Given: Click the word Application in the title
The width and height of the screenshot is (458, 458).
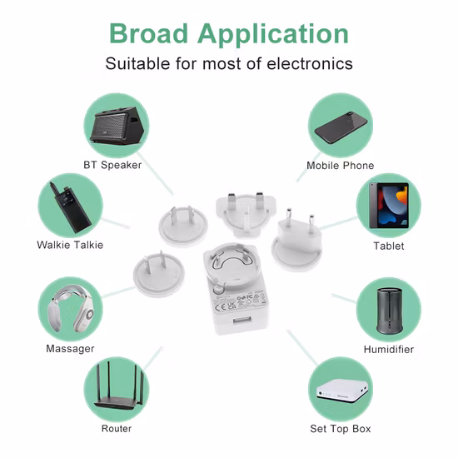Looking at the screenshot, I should (273, 35).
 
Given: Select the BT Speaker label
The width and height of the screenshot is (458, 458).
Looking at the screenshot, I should (112, 164).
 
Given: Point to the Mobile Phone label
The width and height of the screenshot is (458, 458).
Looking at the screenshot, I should (340, 166).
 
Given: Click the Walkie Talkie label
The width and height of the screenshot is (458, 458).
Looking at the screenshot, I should (70, 245).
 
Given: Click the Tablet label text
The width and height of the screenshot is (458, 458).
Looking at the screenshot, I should (389, 246).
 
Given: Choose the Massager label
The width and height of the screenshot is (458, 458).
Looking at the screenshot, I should (70, 348).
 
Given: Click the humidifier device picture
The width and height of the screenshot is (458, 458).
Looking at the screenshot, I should (388, 310).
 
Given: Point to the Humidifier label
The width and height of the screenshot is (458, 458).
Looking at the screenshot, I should (388, 349).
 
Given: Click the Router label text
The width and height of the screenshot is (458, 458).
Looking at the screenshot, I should (117, 428).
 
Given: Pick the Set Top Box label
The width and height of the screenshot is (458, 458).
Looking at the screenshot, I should (340, 429).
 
